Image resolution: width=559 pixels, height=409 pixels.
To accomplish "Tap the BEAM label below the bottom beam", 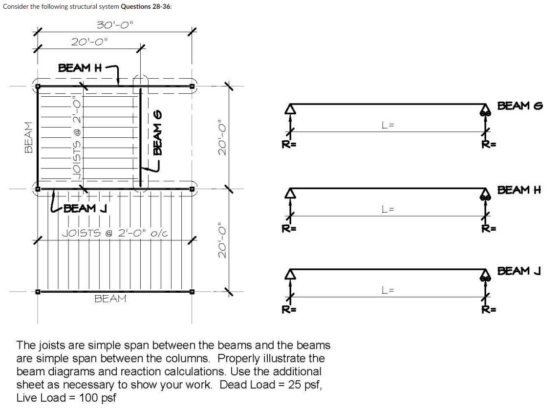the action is [x=110, y=299].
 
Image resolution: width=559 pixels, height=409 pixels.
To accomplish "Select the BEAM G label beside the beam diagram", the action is [x=520, y=106].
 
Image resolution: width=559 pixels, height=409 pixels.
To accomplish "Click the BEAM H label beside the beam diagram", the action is [x=520, y=190].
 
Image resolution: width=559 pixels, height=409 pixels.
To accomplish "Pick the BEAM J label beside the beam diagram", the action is [x=519, y=270].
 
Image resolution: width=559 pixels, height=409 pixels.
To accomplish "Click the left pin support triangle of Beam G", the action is [x=291, y=109].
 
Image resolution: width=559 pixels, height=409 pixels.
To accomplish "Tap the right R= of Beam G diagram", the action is [x=486, y=144].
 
